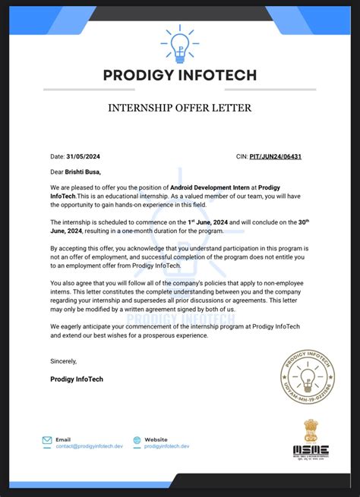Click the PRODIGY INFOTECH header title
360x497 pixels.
tap(180, 75)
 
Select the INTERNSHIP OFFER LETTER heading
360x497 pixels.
tap(180, 109)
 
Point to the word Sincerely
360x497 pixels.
tap(64, 361)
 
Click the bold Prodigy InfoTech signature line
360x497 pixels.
tap(77, 378)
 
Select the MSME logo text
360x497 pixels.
tap(312, 449)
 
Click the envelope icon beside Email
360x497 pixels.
tap(47, 440)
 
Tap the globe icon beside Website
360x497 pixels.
tap(137, 440)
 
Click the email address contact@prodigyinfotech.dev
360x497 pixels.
tap(88, 446)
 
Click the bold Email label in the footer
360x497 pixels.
tap(62, 439)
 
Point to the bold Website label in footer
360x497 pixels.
tap(156, 439)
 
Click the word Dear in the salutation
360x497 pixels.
tap(57, 171)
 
